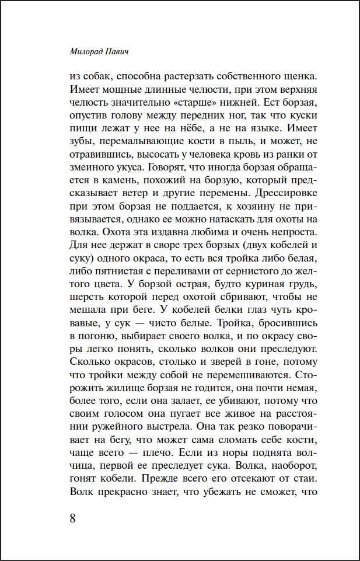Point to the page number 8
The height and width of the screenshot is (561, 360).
coord(73,518)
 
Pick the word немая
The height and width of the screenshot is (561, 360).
coord(302,387)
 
